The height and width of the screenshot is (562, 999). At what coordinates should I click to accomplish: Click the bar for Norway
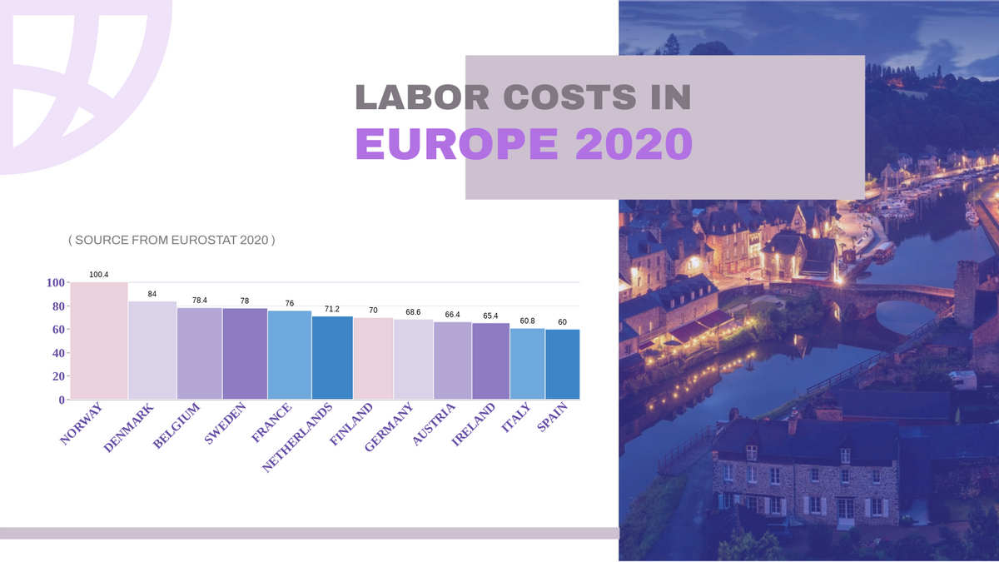click(x=99, y=341)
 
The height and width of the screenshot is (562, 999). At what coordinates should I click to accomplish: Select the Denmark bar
click(x=152, y=351)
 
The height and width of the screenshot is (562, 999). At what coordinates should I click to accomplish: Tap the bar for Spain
click(x=562, y=365)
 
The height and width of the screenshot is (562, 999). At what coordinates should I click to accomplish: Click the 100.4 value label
click(x=99, y=274)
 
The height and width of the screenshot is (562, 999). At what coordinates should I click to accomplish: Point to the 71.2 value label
click(x=332, y=309)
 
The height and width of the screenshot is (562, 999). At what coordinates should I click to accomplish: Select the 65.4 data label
click(x=490, y=316)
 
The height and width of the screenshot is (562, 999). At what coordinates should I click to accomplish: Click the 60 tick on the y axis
click(x=56, y=330)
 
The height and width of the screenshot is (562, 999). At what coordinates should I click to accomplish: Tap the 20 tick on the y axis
click(x=56, y=376)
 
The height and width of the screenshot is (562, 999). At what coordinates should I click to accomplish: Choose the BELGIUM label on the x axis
click(x=177, y=427)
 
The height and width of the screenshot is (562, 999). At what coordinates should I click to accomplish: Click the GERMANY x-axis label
click(x=389, y=428)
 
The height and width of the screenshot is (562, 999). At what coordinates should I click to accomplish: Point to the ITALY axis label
click(x=516, y=418)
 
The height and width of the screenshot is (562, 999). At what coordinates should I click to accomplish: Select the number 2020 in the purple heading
click(x=634, y=144)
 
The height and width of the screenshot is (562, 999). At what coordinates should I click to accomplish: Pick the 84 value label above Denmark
click(x=152, y=295)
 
